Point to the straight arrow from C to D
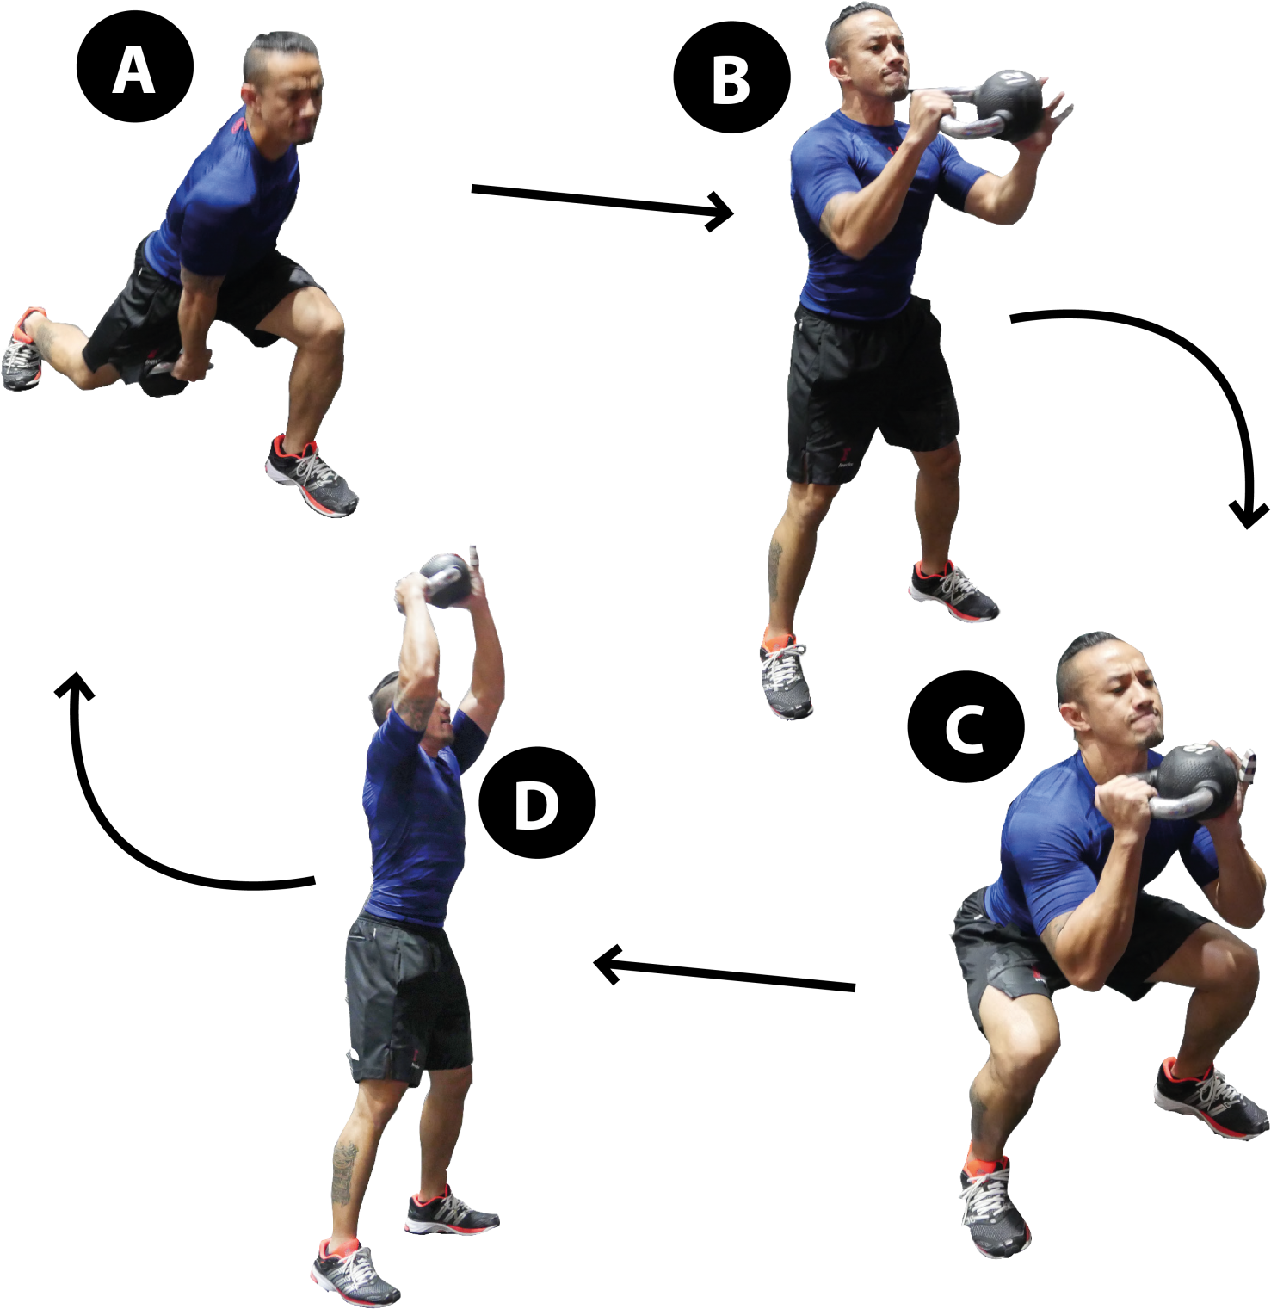[725, 972]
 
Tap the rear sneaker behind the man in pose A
[23, 349]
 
